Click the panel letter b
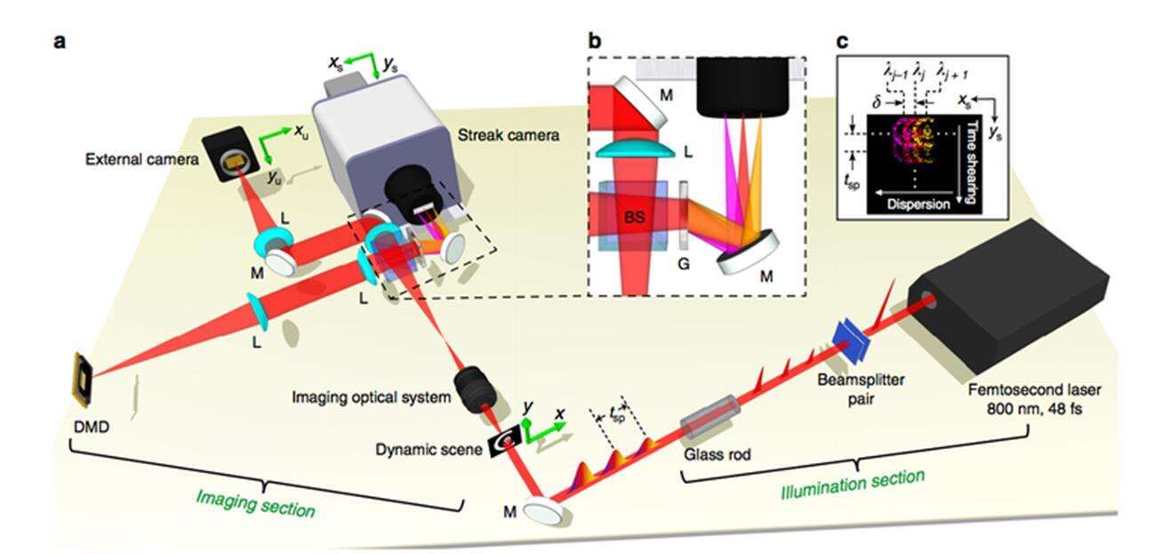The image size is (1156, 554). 595,41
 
